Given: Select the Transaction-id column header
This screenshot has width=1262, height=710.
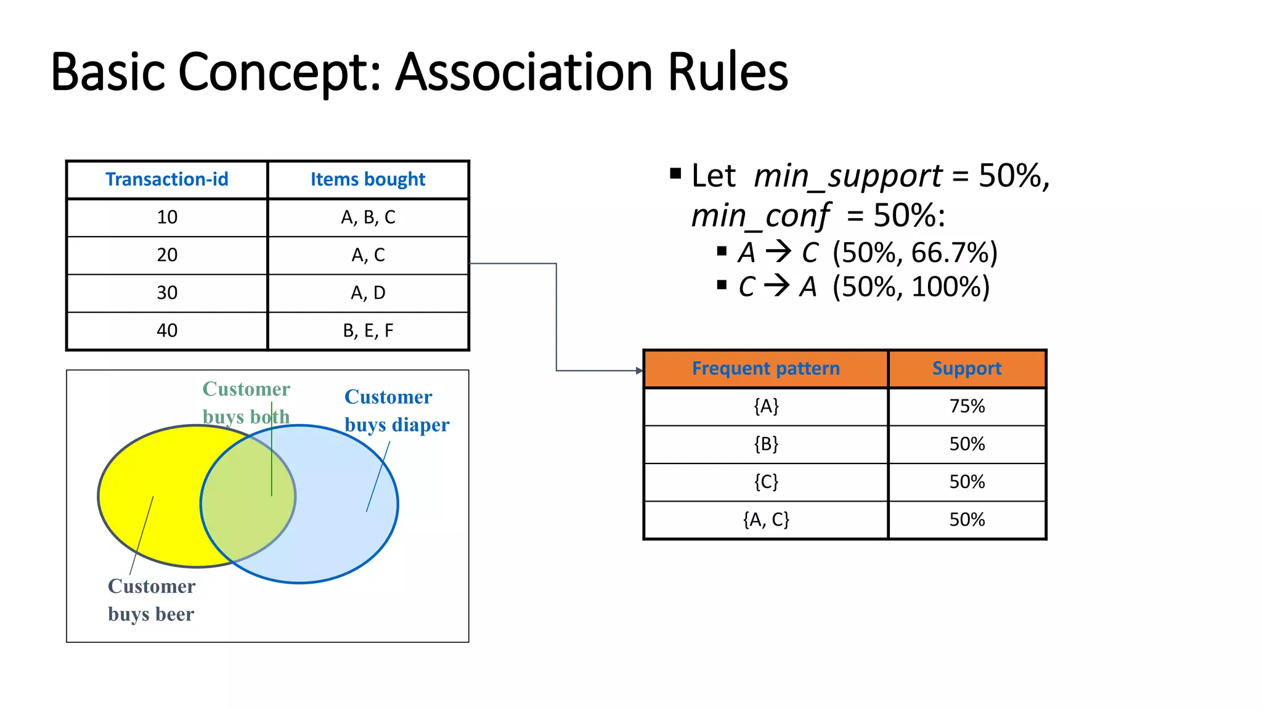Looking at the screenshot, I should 166,179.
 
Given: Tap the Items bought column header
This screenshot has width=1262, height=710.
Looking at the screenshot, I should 368,179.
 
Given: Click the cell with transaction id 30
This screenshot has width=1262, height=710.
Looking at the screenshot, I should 166,293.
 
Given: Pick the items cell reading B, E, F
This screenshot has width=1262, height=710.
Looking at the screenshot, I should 368,331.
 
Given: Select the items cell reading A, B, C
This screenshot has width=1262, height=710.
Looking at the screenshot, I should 368,218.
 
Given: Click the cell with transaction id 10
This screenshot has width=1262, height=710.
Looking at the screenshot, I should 166,218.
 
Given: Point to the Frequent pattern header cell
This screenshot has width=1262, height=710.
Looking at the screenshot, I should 765,369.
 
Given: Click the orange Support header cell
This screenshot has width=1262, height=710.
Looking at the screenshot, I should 966,369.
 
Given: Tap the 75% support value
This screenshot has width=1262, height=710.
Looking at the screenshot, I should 966,407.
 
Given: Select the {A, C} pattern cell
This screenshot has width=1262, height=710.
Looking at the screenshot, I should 765,520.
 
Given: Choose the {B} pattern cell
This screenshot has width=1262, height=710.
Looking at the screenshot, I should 765,444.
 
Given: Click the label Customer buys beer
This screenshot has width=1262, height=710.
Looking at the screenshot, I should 152,600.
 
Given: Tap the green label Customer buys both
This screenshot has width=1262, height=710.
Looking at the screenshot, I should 246,402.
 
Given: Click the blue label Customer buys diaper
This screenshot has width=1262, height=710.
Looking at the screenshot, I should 396,410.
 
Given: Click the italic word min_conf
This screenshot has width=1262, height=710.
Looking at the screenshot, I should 760,216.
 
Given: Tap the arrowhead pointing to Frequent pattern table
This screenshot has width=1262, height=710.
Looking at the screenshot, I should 639,370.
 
